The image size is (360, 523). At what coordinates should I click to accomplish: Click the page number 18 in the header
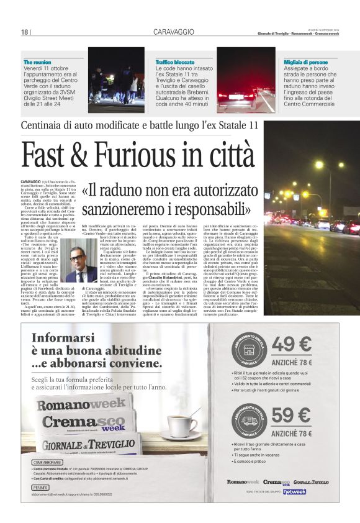point(25,32)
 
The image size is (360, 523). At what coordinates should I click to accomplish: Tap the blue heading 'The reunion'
point(37,63)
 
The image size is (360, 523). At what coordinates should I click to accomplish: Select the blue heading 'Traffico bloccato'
point(176,63)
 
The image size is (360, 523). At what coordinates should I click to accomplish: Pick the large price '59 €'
point(291,416)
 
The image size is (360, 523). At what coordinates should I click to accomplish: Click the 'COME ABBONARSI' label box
point(47,462)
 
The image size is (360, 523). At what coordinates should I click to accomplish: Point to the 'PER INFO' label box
point(39,488)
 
